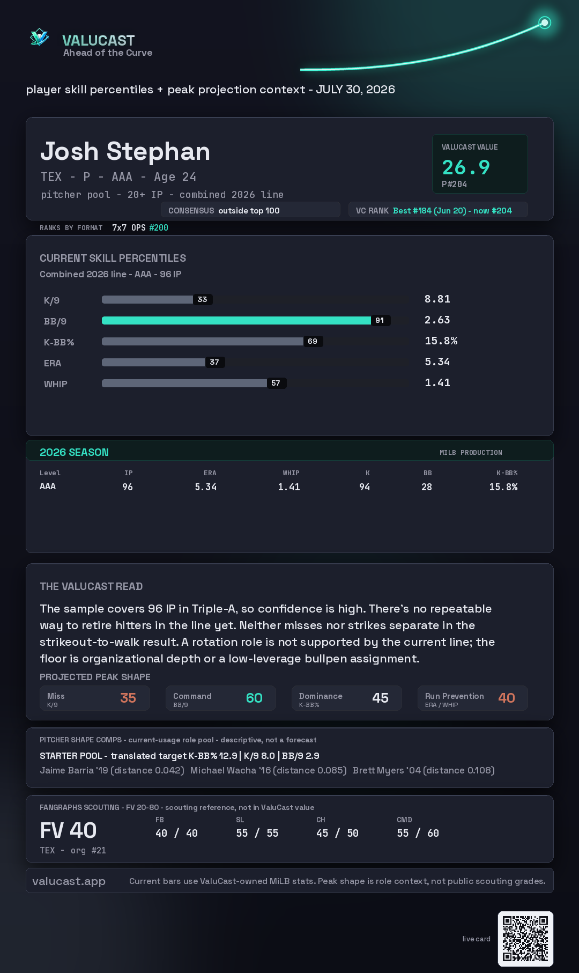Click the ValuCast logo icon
coord(39,37)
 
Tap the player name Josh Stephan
coord(125,151)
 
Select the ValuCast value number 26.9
coord(466,167)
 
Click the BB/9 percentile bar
coord(236,320)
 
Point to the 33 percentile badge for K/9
coord(202,299)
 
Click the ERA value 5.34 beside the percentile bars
coord(437,362)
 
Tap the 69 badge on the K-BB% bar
coord(313,341)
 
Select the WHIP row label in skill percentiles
coord(56,384)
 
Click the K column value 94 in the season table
coord(365,487)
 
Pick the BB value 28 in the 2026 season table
coord(427,487)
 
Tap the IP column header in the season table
coord(129,473)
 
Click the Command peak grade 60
coord(254,698)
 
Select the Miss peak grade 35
coord(128,698)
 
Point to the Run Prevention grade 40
coord(507,698)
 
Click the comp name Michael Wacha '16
coord(231,770)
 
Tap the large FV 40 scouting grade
coord(68,830)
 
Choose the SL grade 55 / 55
coord(257,833)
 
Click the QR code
coord(525,939)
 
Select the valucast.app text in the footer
coord(69,881)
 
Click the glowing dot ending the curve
coord(545,23)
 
